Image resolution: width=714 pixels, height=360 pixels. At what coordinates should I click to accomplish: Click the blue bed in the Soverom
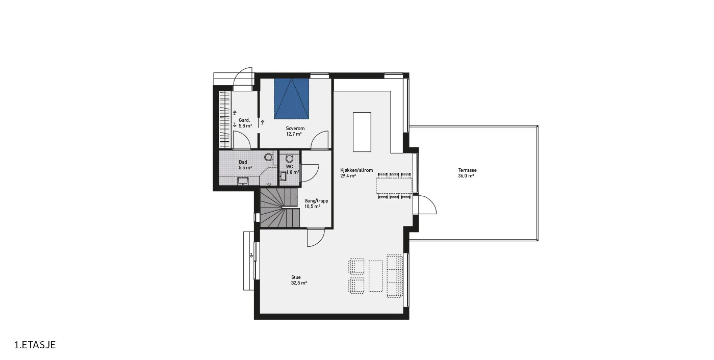[x=291, y=99]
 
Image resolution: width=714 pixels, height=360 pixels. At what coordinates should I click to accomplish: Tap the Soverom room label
[x=295, y=128]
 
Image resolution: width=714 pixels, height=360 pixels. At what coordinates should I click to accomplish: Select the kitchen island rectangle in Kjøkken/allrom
[x=362, y=132]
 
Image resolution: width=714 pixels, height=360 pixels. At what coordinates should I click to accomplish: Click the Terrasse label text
[x=467, y=170]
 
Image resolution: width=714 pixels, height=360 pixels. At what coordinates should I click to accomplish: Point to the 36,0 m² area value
[x=466, y=176]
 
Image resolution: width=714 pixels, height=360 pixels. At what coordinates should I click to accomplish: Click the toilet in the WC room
[x=290, y=159]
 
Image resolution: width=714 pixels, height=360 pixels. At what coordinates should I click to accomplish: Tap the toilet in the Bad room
[x=268, y=157]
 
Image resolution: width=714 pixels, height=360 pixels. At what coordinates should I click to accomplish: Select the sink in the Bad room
[x=243, y=181]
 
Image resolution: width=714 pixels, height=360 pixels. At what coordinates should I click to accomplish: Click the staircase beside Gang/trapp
[x=280, y=208]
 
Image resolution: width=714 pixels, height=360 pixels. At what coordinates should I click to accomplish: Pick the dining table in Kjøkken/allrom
[x=394, y=186]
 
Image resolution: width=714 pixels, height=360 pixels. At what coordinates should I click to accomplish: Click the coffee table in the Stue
[x=375, y=276]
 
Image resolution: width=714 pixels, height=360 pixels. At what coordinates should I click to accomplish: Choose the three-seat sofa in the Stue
[x=395, y=276]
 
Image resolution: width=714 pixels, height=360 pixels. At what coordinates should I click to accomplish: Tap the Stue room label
[x=296, y=277]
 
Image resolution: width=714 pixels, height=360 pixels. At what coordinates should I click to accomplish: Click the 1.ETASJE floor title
[x=35, y=345]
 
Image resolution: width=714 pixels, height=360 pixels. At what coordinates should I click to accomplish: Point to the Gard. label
[x=244, y=120]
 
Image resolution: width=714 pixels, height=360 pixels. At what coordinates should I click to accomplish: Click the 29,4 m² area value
[x=348, y=176]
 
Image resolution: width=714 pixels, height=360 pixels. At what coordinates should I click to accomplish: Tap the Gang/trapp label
[x=316, y=201]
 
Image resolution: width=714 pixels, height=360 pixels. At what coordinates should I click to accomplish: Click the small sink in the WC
[x=283, y=176]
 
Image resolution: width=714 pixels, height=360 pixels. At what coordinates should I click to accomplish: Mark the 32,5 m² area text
[x=299, y=283]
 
